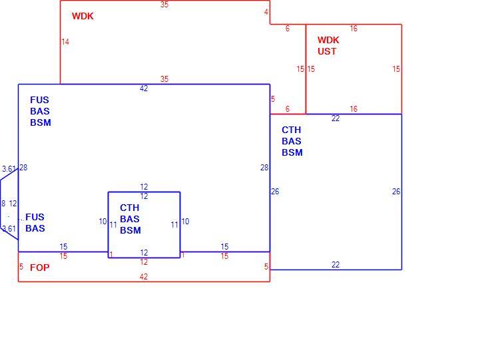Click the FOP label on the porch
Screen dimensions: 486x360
pyautogui.click(x=40, y=268)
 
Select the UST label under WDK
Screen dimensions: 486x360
pyautogui.click(x=327, y=51)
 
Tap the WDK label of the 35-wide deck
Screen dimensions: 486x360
pyautogui.click(x=83, y=16)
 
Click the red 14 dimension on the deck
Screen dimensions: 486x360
pyautogui.click(x=65, y=42)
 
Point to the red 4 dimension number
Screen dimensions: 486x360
pyautogui.click(x=266, y=12)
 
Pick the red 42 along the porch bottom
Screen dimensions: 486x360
pyautogui.click(x=144, y=277)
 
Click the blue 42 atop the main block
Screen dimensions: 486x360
pyautogui.click(x=144, y=89)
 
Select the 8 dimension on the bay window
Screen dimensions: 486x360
pyautogui.click(x=3, y=204)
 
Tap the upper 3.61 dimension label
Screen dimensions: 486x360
pyautogui.click(x=9, y=169)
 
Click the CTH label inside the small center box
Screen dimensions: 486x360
pyautogui.click(x=130, y=208)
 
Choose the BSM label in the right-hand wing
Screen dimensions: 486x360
pyautogui.click(x=292, y=152)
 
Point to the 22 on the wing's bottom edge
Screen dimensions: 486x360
pyautogui.click(x=336, y=265)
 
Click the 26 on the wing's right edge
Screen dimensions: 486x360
pyautogui.click(x=396, y=192)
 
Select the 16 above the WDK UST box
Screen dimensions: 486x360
pyautogui.click(x=354, y=29)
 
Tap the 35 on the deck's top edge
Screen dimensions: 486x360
pyautogui.click(x=164, y=5)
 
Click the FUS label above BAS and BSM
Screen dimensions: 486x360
pyautogui.click(x=39, y=100)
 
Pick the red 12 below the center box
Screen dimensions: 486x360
pyautogui.click(x=144, y=262)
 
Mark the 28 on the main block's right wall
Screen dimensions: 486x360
pyautogui.click(x=264, y=168)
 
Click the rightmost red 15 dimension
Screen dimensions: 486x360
pyautogui.click(x=396, y=69)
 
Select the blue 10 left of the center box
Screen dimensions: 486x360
pyautogui.click(x=103, y=222)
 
